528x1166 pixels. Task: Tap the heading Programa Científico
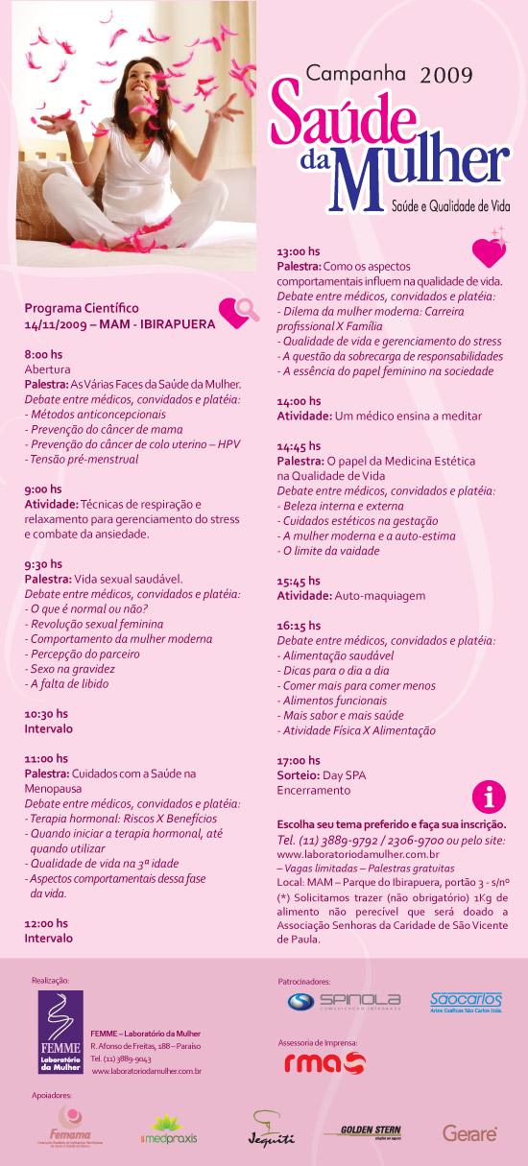[82, 308]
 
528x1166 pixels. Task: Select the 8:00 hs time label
[42, 354]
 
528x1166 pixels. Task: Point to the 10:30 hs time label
[46, 714]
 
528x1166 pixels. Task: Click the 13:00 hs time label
[299, 250]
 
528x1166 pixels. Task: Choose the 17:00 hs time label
[299, 760]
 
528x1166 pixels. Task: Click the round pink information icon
[490, 797]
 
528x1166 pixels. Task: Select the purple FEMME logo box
[60, 1031]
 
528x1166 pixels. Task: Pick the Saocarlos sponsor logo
[466, 1002]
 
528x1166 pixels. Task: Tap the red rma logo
[324, 1063]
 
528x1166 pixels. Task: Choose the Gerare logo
[469, 1133]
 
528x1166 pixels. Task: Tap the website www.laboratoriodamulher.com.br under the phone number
[358, 853]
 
